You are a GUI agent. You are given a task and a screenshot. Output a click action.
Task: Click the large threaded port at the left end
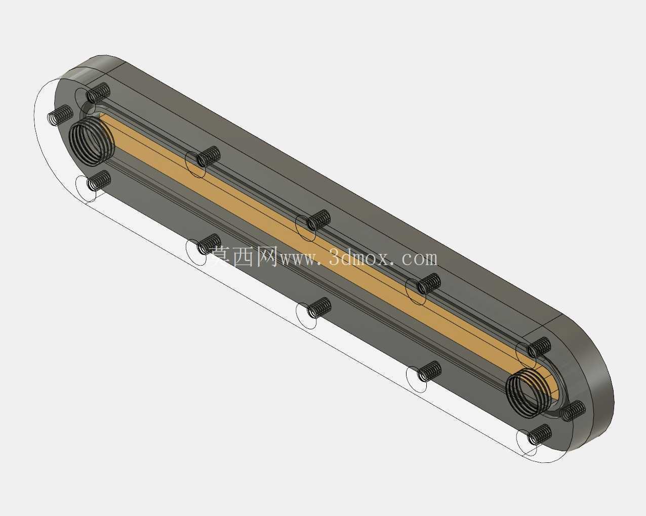92,141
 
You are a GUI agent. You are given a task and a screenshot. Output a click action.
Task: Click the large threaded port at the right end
529,393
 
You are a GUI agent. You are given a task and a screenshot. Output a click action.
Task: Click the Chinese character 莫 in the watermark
221,257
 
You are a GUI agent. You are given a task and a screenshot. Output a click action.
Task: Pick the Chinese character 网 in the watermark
267,257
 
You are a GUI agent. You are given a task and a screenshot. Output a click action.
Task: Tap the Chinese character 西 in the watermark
244,257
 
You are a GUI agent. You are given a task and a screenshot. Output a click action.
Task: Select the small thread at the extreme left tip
60,115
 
